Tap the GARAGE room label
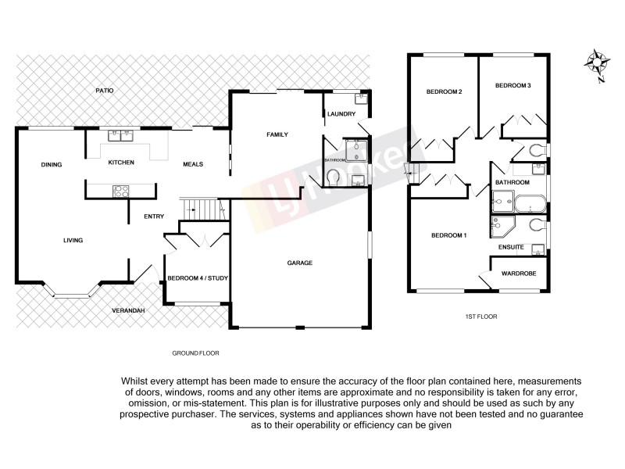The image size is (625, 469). [299, 263]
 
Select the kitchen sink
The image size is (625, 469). [120, 134]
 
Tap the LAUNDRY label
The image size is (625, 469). [341, 115]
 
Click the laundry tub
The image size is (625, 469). [360, 98]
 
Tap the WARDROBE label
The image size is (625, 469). [518, 274]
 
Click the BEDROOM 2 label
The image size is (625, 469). [444, 91]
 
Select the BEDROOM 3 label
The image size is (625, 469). [513, 85]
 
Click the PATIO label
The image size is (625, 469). [105, 91]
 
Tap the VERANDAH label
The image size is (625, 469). [128, 311]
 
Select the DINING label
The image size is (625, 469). [52, 164]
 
